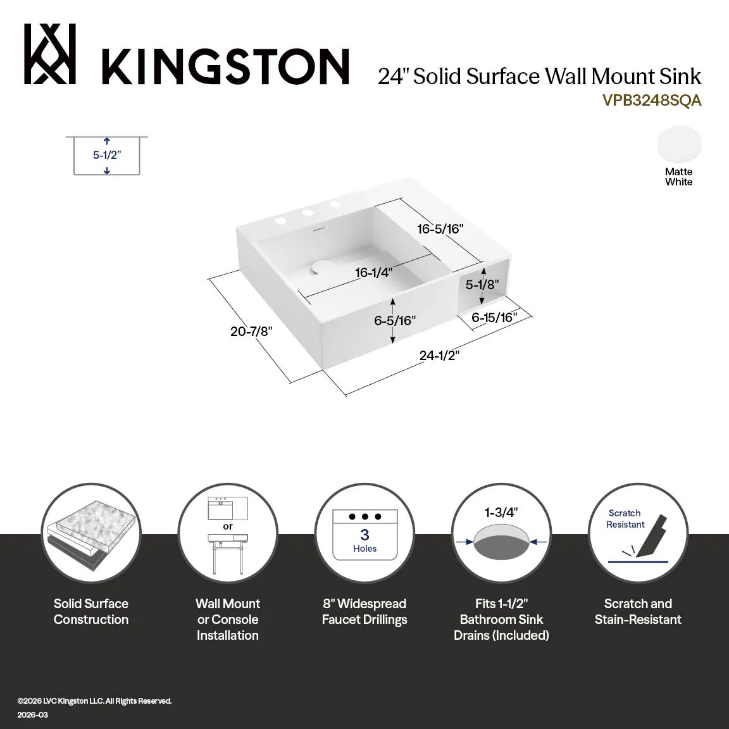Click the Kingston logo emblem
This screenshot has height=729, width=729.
pyautogui.click(x=50, y=54)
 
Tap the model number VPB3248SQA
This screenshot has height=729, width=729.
pyautogui.click(x=651, y=101)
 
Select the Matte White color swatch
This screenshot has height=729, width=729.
pyautogui.click(x=679, y=144)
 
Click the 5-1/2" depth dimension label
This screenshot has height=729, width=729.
pyautogui.click(x=107, y=155)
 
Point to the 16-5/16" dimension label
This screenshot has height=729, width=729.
pyautogui.click(x=440, y=228)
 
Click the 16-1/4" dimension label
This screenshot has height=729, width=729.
pyautogui.click(x=374, y=273)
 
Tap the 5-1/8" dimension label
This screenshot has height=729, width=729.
pyautogui.click(x=483, y=284)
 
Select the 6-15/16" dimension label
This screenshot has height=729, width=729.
pyautogui.click(x=494, y=318)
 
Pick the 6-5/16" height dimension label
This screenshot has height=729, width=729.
pyautogui.click(x=395, y=320)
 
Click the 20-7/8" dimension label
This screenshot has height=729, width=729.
pyautogui.click(x=251, y=332)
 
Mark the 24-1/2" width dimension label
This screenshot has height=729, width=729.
pyautogui.click(x=439, y=356)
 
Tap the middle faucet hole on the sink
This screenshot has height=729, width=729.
pyautogui.click(x=308, y=213)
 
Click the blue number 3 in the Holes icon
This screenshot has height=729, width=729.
pyautogui.click(x=365, y=535)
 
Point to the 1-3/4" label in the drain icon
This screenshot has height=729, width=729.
pyautogui.click(x=501, y=513)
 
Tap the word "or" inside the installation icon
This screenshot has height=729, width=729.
pyautogui.click(x=228, y=526)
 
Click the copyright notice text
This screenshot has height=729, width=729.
pyautogui.click(x=94, y=701)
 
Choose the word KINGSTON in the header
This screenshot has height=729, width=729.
pyautogui.click(x=225, y=66)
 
